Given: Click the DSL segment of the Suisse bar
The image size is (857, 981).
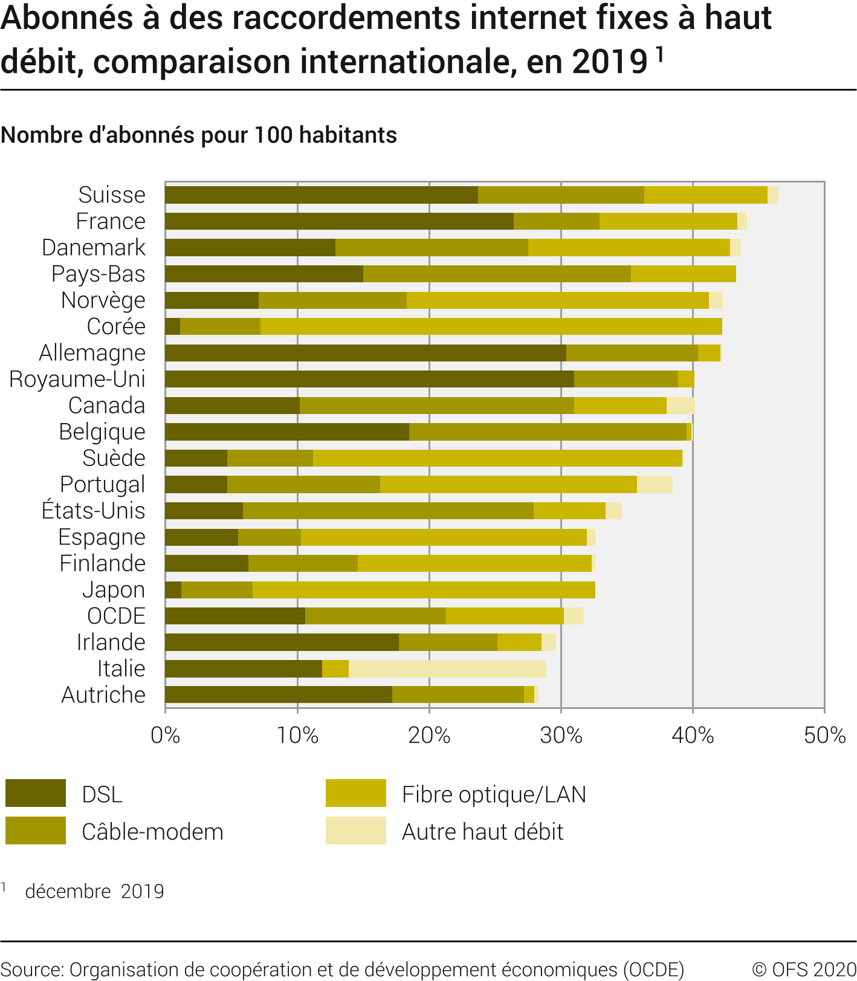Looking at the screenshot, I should (321, 195).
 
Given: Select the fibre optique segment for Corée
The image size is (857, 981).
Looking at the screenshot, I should (491, 326).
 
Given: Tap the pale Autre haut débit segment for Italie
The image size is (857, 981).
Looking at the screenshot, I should (447, 669).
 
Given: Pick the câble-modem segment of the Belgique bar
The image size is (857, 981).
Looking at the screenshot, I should (548, 432).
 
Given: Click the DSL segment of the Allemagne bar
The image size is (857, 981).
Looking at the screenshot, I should (365, 353).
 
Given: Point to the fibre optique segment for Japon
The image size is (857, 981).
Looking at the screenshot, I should (423, 590).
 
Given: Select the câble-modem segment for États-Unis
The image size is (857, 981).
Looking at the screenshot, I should (388, 511).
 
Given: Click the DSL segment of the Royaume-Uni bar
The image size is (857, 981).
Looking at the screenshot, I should (369, 379).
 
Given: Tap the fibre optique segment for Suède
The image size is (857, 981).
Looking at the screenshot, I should (497, 458).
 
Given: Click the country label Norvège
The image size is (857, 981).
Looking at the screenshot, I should (103, 300).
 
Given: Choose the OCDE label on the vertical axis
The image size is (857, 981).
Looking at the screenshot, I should (116, 616).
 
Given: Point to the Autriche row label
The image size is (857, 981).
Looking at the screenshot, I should (103, 695).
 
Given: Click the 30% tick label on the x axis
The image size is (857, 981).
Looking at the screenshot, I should (561, 736).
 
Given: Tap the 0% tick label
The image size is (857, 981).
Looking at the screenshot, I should (165, 736).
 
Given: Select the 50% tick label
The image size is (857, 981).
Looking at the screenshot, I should (824, 736).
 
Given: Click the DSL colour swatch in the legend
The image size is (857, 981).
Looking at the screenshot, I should (36, 793).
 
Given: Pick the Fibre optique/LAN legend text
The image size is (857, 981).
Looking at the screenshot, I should (494, 794).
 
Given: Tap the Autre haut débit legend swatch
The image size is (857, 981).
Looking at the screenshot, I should (355, 830).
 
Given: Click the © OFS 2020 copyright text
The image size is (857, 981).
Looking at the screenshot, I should (804, 969).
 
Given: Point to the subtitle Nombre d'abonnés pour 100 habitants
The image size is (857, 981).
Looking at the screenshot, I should (199, 135).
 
